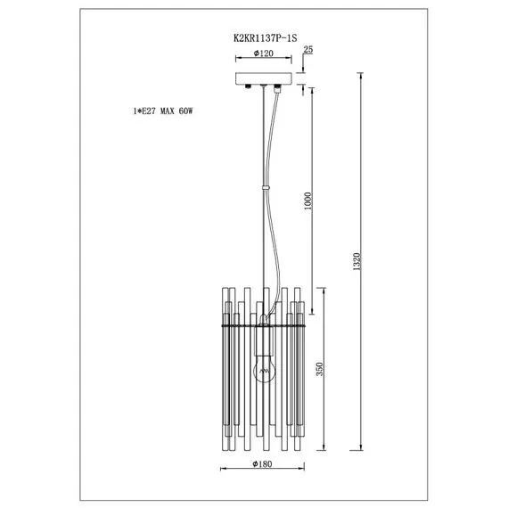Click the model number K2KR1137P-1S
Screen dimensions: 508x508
pyautogui.click(x=265, y=38)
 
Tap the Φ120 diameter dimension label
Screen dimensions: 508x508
pyautogui.click(x=264, y=53)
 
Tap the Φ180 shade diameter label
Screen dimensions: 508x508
pyautogui.click(x=264, y=463)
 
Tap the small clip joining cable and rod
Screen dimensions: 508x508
pyautogui.click(x=265, y=187)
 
